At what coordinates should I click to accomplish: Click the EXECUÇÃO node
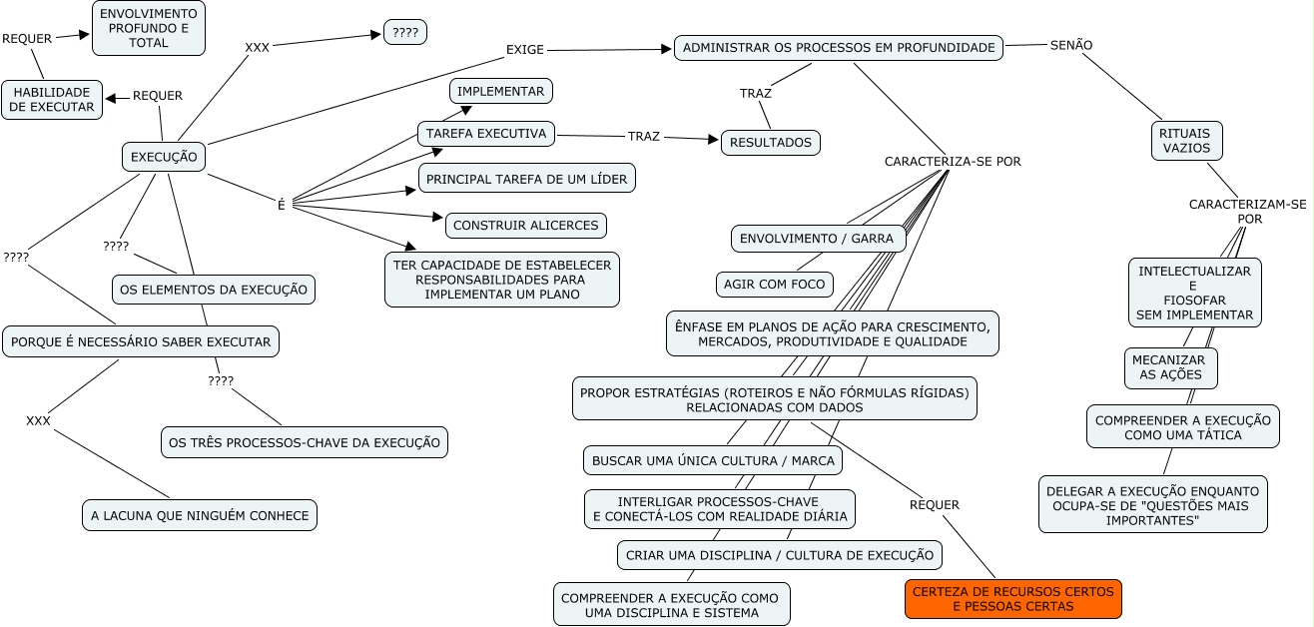coord(165,157)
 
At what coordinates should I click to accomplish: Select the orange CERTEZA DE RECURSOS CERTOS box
coord(1013,599)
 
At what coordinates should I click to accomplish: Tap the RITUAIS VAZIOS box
coord(1186,141)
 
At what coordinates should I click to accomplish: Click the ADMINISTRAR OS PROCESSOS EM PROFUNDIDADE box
coord(839,48)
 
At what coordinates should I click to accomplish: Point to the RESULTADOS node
coord(770,143)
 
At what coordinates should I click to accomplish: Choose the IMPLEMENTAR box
coord(500,91)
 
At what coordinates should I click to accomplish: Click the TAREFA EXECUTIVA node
coord(485,134)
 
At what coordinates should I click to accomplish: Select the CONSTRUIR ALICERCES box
coord(525,226)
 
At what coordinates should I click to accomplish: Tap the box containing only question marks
coord(405,32)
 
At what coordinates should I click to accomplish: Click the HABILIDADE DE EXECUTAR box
coord(52,100)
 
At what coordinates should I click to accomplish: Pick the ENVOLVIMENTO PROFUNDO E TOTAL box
coord(149,28)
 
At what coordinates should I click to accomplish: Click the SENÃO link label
coord(1071,45)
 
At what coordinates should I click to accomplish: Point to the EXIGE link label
coord(525,49)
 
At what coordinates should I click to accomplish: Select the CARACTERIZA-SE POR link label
coord(953,161)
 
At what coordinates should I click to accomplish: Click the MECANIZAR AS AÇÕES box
coord(1171,368)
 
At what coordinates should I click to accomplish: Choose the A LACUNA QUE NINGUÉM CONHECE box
coord(200,516)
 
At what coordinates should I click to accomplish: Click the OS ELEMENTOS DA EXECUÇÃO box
coord(214,290)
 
